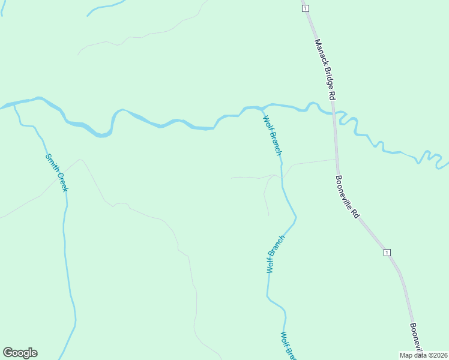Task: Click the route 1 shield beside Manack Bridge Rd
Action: point(306,8)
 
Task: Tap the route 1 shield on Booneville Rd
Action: point(387,252)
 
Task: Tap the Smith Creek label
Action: point(57,173)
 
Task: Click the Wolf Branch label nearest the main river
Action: point(272,135)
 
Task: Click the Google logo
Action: point(20,353)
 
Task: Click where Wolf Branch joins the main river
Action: point(262,108)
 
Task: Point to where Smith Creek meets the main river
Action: point(15,105)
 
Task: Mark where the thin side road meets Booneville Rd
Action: point(336,160)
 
